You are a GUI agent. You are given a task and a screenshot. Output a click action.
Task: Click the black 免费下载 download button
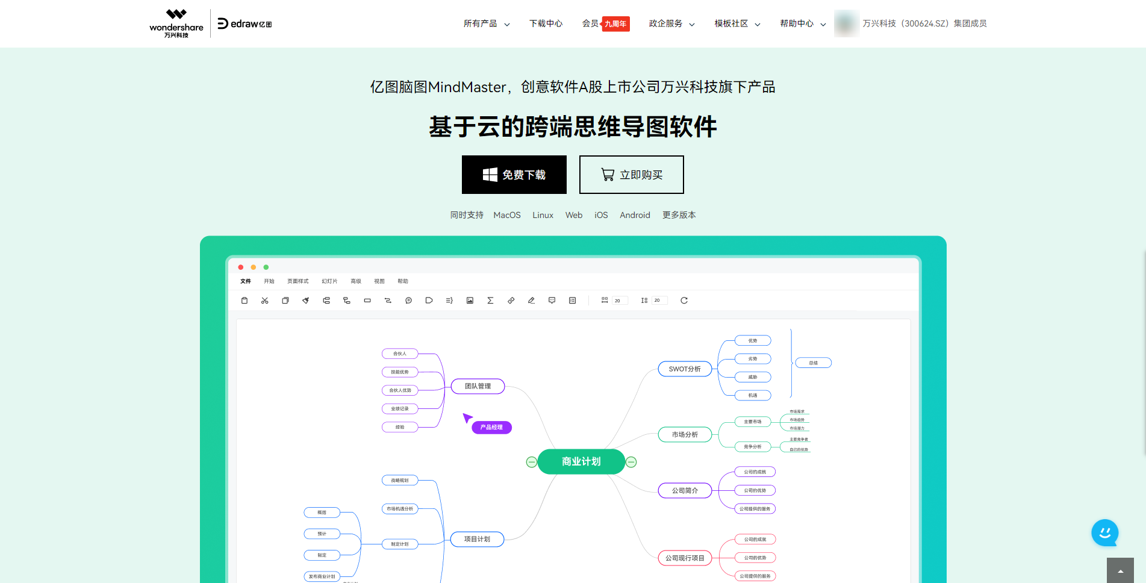click(x=514, y=175)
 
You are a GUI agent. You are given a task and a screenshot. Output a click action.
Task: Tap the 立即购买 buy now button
click(x=631, y=175)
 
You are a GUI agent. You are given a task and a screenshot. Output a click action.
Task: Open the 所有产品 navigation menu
click(x=486, y=23)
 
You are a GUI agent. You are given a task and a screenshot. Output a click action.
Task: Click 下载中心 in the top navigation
click(x=546, y=23)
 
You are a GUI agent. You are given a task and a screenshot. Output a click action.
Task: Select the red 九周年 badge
click(x=615, y=24)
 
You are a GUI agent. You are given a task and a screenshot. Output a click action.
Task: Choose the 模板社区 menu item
click(x=736, y=23)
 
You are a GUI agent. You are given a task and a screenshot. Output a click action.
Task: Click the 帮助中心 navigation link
click(x=802, y=23)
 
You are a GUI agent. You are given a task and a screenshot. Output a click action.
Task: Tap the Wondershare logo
click(x=176, y=23)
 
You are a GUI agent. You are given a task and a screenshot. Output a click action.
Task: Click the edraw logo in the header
click(x=244, y=23)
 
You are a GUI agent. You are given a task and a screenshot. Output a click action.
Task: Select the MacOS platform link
click(x=506, y=215)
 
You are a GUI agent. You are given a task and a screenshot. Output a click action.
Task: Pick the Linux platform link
click(x=543, y=215)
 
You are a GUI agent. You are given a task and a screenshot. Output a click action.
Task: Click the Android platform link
click(x=635, y=215)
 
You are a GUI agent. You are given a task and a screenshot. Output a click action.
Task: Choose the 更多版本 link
click(x=679, y=215)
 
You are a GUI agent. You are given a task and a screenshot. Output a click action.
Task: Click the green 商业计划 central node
click(x=581, y=461)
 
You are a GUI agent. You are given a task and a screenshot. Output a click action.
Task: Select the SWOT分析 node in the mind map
click(x=685, y=369)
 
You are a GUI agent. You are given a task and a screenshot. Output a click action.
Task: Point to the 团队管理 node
click(x=478, y=386)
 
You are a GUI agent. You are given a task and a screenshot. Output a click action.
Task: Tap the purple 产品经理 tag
click(x=491, y=428)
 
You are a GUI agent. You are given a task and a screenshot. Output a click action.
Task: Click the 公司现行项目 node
click(x=685, y=558)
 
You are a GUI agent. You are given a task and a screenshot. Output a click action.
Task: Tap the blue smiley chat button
click(x=1104, y=532)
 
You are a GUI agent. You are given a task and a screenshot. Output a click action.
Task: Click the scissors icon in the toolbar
click(x=265, y=301)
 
